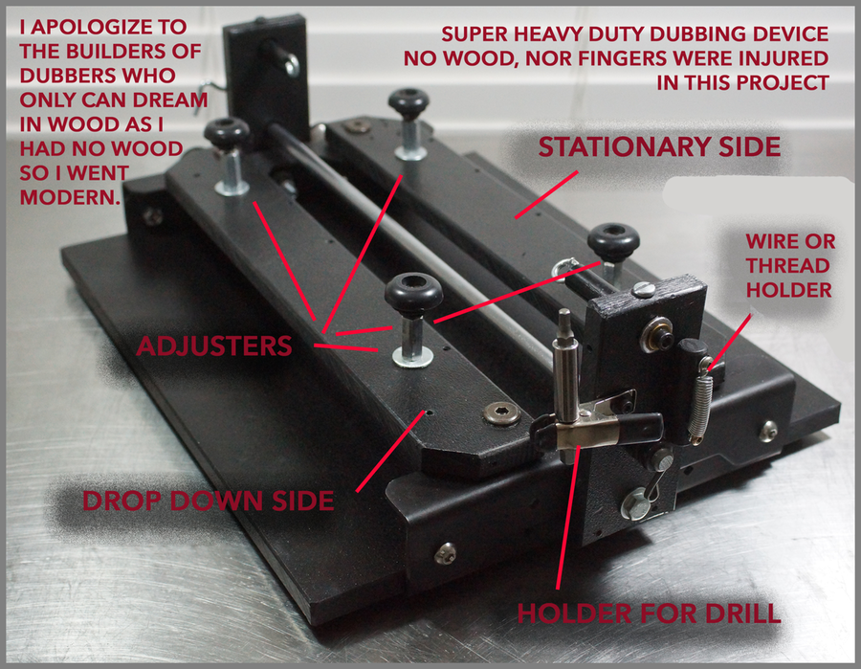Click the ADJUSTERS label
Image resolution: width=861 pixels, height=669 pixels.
[214, 346]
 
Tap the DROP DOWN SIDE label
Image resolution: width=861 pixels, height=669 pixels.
[209, 501]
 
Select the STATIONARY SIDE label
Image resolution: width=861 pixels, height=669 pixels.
[659, 146]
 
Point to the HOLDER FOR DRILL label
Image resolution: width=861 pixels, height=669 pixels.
[649, 613]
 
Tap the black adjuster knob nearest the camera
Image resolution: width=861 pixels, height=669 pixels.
[413, 294]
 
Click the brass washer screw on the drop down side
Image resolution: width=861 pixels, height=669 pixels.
[501, 413]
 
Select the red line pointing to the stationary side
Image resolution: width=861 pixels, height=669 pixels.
[546, 194]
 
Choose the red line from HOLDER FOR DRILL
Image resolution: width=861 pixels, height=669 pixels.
[567, 517]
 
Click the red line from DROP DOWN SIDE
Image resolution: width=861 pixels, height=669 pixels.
[390, 452]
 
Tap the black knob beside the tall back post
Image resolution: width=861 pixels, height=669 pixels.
[227, 133]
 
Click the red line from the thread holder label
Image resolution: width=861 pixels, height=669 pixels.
[729, 342]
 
